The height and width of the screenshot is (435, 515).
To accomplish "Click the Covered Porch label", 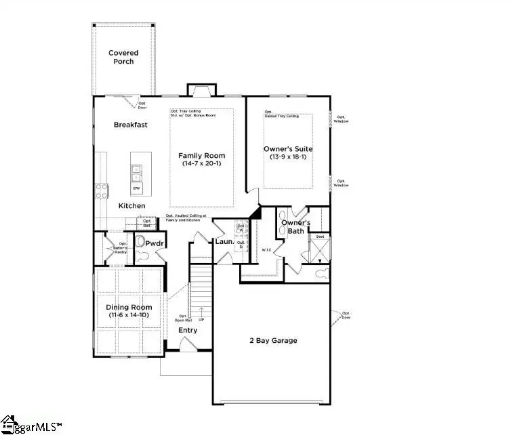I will tap(123, 58).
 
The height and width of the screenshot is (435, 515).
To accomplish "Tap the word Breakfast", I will tap(130, 125).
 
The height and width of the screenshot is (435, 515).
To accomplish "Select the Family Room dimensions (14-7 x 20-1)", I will tap(201, 164).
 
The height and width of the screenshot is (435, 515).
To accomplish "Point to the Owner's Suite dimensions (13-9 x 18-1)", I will tap(288, 157).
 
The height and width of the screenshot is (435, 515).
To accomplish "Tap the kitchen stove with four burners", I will tap(102, 191).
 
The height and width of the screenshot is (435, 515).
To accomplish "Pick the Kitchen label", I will tap(131, 205).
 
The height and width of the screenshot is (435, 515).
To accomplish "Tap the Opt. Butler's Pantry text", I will tap(121, 248).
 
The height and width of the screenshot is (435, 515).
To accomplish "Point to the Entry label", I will tap(188, 331).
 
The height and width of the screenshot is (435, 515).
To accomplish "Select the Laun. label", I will tap(224, 242).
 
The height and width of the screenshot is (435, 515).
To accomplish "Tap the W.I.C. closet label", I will tap(267, 250).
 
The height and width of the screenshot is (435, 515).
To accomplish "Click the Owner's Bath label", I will tap(296, 227).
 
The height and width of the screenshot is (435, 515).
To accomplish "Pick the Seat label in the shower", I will tap(319, 237).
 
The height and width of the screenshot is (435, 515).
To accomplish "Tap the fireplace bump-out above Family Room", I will tap(201, 90).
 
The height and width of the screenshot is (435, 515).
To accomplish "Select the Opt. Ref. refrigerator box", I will tap(146, 222).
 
